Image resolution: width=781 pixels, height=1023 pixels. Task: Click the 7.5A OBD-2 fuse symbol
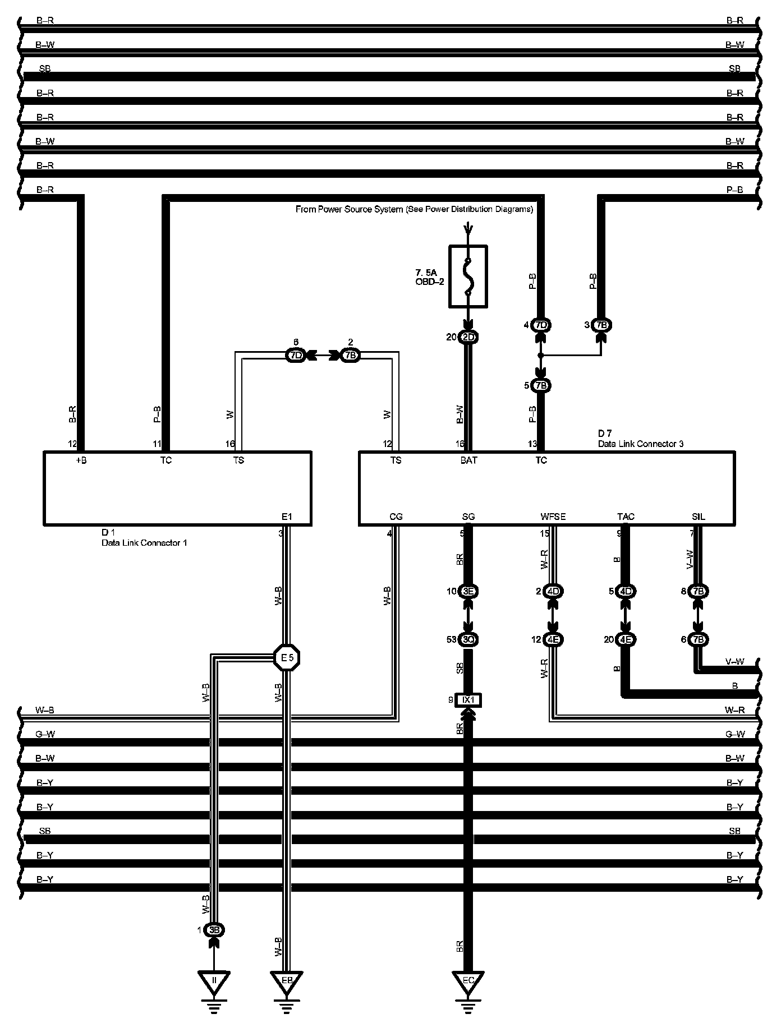[468, 276]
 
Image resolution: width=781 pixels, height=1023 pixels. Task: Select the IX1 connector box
[468, 700]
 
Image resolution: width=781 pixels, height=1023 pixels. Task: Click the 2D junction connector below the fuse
[468, 337]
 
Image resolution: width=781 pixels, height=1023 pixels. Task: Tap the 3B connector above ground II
[214, 930]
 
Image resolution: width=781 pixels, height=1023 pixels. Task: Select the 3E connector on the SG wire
[468, 591]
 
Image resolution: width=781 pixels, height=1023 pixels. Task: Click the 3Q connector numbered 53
[468, 639]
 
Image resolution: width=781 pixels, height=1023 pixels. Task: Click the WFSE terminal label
[553, 517]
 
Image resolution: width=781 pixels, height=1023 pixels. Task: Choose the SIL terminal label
[698, 517]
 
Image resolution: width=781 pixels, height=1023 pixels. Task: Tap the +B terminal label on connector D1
[81, 460]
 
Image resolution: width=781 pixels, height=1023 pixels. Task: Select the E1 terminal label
[287, 517]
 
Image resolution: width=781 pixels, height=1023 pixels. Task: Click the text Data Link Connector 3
[640, 444]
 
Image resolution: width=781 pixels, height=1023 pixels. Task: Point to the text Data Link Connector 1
[144, 542]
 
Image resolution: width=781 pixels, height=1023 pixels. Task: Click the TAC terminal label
[626, 517]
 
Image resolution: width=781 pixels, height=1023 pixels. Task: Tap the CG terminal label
[396, 517]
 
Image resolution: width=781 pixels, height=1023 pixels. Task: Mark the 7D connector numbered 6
[295, 355]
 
